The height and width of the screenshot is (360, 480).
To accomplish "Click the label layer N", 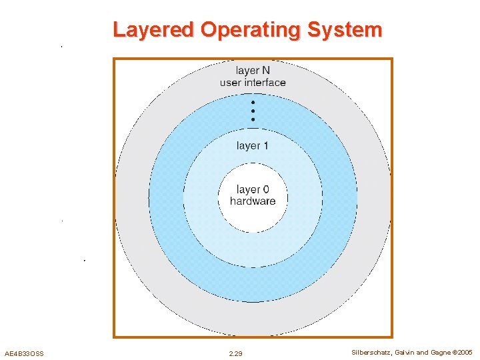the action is [x=253, y=70].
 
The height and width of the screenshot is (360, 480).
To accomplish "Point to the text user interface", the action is [x=253, y=83].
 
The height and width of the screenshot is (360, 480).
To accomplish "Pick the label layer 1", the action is [x=253, y=146].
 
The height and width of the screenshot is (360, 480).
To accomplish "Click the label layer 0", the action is [x=252, y=190].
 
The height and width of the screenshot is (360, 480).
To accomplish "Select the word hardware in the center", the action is [x=252, y=201].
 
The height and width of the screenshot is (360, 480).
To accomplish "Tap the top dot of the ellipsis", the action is [x=253, y=103].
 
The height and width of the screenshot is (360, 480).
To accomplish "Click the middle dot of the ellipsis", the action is [x=253, y=111].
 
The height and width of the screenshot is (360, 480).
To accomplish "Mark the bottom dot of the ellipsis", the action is [x=253, y=119].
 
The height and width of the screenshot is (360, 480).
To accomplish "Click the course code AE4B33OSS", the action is [x=24, y=353].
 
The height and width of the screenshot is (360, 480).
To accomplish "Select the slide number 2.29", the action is [x=235, y=353].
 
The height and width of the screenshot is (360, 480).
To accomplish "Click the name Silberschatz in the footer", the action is [x=372, y=352].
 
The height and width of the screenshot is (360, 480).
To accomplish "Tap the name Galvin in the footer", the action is [x=405, y=352].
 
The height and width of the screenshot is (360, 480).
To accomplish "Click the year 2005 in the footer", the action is [x=465, y=352].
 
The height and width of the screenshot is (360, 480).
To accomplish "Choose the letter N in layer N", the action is [x=265, y=70].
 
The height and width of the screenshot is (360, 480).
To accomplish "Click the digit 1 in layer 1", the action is [x=265, y=146].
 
